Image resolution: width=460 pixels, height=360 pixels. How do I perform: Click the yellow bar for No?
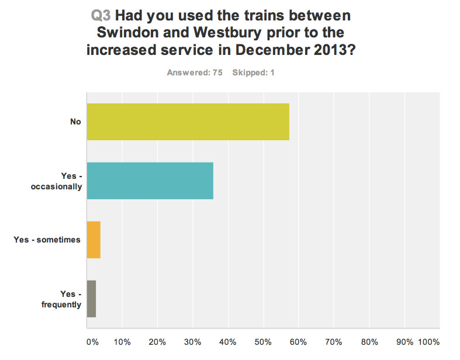click(188, 122)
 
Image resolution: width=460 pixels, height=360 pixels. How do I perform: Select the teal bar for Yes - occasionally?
click(150, 181)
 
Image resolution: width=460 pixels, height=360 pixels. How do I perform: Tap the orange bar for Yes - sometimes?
click(94, 240)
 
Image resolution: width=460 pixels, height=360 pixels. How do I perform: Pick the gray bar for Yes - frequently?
click(91, 299)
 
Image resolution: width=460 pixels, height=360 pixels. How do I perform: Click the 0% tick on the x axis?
click(92, 341)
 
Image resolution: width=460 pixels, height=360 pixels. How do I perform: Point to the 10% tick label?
click(122, 341)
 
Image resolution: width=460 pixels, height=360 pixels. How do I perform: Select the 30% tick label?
click(193, 341)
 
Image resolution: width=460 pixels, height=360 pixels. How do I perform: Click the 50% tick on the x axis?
click(264, 341)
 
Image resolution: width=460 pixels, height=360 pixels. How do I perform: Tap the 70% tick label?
click(334, 341)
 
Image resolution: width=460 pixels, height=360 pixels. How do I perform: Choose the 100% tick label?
click(428, 341)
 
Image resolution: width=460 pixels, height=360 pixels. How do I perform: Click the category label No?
click(75, 122)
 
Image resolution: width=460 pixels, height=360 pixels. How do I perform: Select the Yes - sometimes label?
click(47, 240)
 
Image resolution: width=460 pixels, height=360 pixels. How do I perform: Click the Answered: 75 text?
click(195, 73)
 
